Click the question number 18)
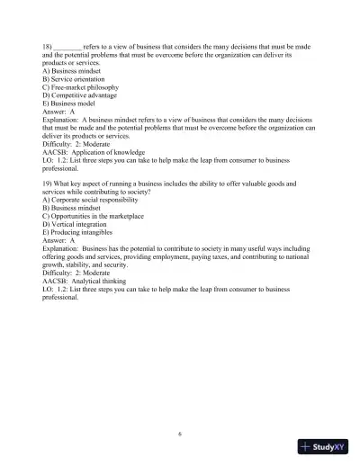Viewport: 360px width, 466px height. (x=47, y=45)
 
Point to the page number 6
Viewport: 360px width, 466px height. (x=180, y=433)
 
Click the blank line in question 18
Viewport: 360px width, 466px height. (x=68, y=45)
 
